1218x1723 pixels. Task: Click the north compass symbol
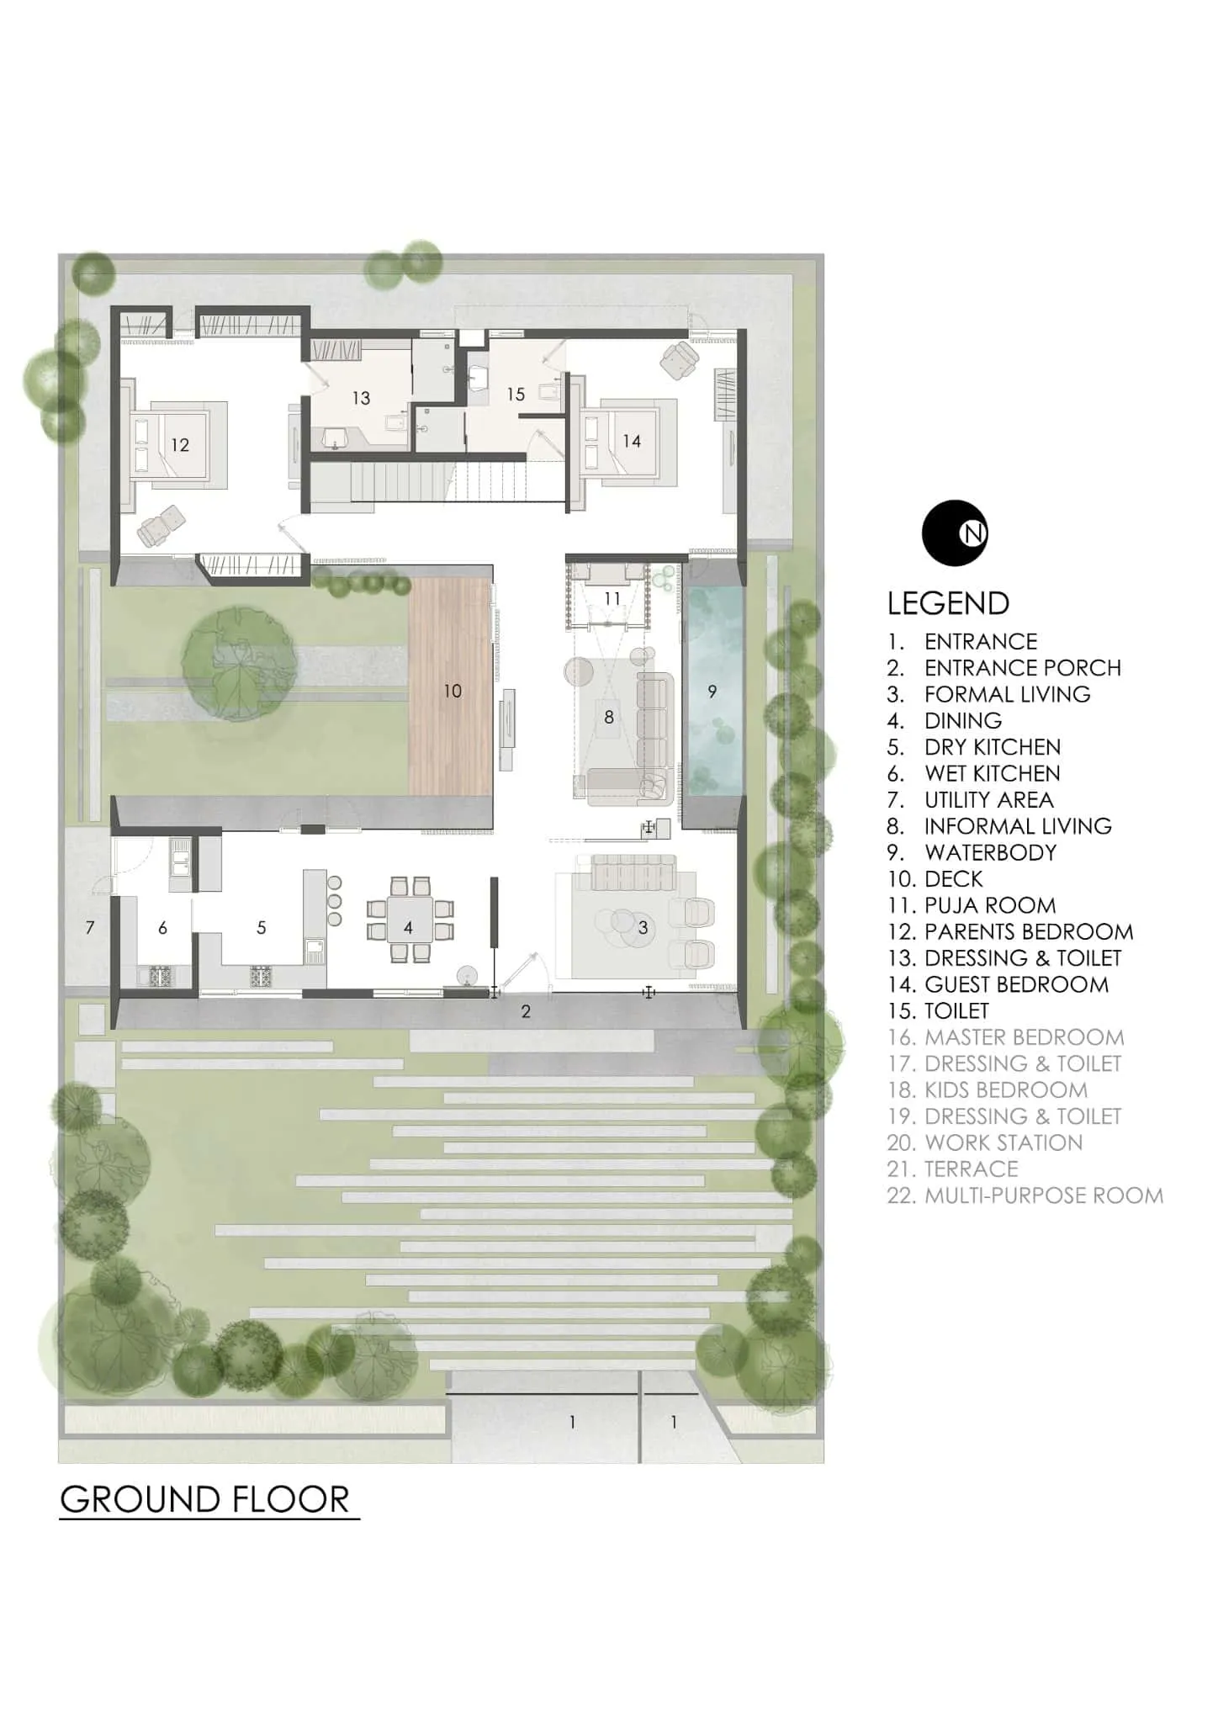[x=954, y=533]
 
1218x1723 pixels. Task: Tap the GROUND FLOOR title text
[x=205, y=1500]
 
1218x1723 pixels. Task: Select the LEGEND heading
[x=948, y=603]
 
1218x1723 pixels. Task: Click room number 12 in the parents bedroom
[x=180, y=445]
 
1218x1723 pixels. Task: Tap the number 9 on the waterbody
[x=712, y=692]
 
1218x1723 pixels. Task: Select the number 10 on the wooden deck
[x=453, y=691]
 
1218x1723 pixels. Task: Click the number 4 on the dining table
[x=408, y=928]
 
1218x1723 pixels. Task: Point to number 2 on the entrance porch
[x=526, y=1012]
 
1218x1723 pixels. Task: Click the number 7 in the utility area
[x=90, y=928]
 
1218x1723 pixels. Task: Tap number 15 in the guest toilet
[x=516, y=394]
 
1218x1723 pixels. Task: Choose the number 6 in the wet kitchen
[x=162, y=928]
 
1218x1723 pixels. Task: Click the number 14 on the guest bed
[x=632, y=441]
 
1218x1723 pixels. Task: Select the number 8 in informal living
[x=609, y=717]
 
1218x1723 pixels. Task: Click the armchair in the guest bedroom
[x=679, y=361]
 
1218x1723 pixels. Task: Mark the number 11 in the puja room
[x=612, y=598]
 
